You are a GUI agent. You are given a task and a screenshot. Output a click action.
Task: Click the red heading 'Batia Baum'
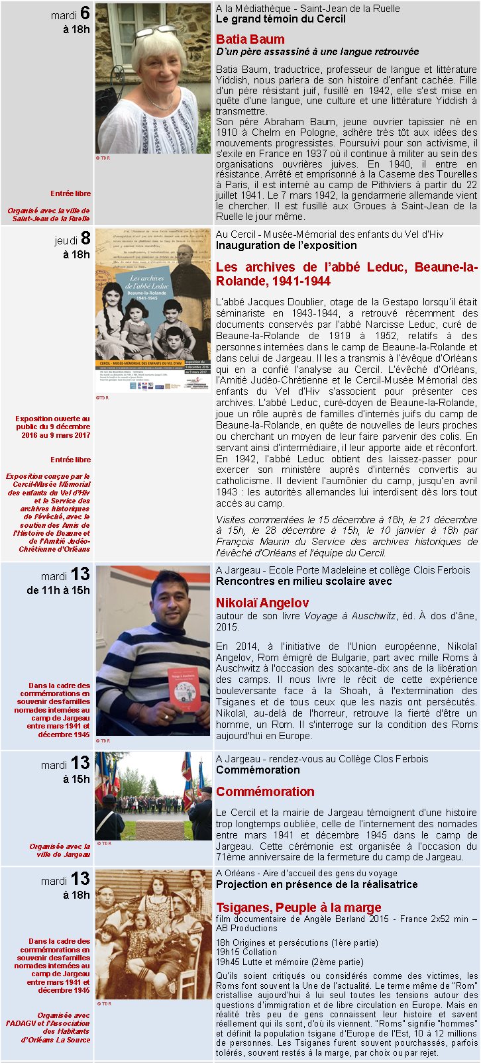[250, 39]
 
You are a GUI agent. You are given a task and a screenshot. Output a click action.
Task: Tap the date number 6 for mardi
[85, 13]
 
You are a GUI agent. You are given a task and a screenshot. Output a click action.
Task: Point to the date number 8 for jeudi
[85, 238]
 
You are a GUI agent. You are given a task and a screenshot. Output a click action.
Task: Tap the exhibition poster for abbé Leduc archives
[153, 311]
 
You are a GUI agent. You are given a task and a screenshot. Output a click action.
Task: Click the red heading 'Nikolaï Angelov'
[262, 603]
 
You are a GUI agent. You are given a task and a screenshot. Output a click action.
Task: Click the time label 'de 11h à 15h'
[58, 590]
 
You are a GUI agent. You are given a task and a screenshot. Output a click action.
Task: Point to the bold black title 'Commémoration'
[258, 770]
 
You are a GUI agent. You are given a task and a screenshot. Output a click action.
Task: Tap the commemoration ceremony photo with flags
[153, 795]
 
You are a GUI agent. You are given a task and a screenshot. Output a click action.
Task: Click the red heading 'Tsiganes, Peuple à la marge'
[298, 907]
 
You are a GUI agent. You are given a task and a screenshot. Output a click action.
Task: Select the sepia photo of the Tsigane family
[153, 935]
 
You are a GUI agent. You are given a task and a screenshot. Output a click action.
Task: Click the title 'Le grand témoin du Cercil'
[280, 19]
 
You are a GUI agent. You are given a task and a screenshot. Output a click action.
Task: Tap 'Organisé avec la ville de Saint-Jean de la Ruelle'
[49, 215]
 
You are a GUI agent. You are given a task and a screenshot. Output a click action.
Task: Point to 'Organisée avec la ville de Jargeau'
[60, 850]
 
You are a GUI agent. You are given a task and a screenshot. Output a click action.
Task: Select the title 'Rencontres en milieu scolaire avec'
[303, 581]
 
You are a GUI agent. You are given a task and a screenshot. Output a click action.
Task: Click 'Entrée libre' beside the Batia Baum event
[71, 193]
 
